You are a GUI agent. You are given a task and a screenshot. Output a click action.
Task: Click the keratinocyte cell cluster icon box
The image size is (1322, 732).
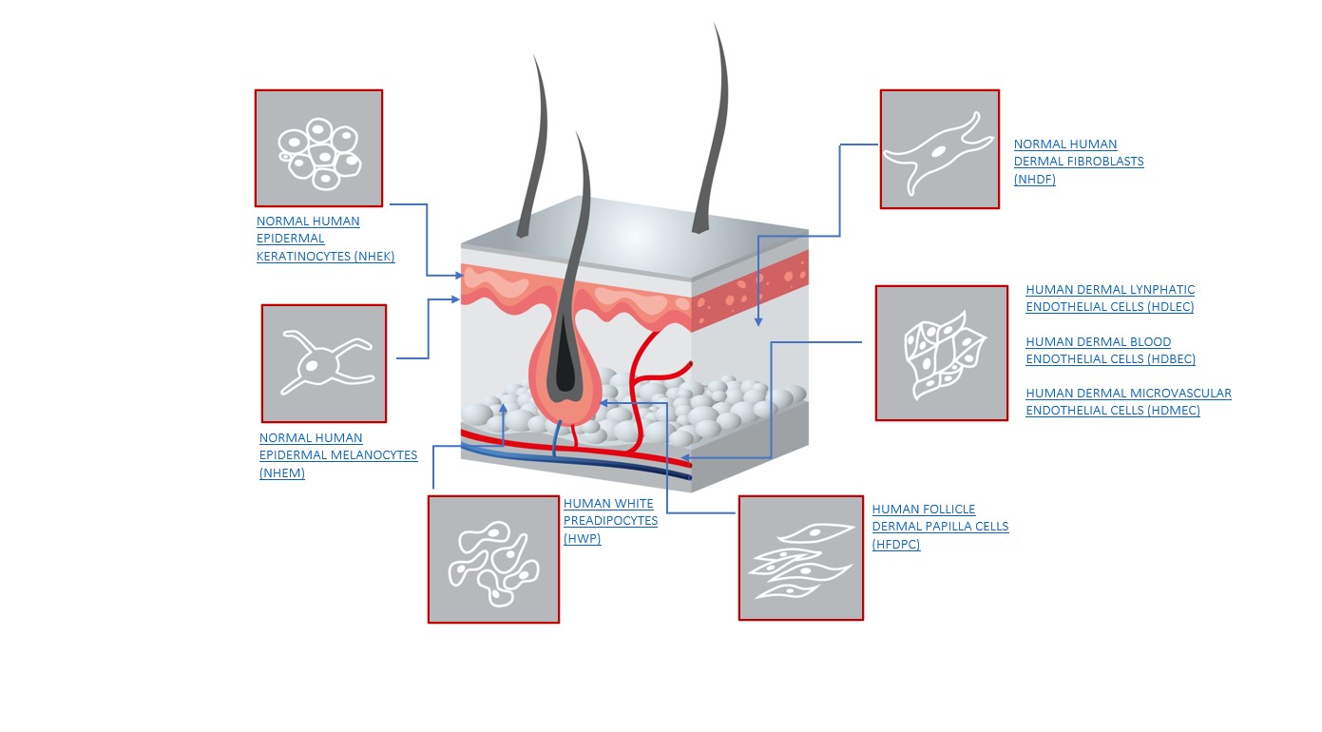pos(318,148)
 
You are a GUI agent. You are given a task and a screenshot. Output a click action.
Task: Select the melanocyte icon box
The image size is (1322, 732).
pos(324,363)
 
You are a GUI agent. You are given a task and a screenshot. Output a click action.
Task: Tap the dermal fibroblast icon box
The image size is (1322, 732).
pos(939,149)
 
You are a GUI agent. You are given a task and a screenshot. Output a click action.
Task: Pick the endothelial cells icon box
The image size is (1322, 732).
pos(941,353)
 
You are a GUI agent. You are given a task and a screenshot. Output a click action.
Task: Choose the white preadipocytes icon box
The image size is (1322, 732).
pos(493,559)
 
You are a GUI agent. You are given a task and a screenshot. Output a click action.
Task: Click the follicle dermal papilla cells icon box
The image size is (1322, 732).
pos(800,558)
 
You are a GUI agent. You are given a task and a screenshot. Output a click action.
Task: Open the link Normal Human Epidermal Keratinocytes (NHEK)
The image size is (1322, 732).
pos(325,239)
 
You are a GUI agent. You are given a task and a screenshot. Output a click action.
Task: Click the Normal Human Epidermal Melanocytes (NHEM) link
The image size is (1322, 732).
pos(337,455)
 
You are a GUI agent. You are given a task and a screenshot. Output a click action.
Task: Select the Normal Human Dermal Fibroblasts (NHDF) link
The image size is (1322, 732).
pos(1078,162)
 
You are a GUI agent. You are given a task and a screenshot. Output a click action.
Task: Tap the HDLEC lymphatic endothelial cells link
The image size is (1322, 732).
pos(1110,299)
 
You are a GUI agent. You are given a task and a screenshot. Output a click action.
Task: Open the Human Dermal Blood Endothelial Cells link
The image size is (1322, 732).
pos(1110,351)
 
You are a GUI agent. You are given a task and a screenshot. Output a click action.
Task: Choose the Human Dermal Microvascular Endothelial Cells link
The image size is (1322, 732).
pos(1128,402)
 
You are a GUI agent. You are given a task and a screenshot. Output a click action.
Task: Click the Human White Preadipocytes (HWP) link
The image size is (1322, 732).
pos(610,521)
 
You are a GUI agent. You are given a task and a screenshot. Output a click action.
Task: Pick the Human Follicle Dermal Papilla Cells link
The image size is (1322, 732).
pos(939,527)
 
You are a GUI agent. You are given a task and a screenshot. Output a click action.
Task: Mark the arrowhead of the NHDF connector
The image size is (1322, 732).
pos(758,322)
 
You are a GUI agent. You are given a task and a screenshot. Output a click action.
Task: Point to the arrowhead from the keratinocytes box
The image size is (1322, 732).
pos(458,276)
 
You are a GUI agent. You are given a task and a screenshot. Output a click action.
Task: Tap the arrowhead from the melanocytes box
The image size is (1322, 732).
pos(458,299)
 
